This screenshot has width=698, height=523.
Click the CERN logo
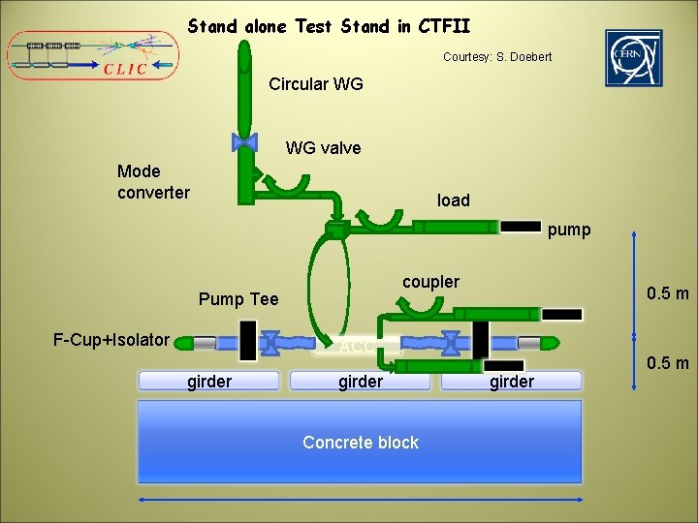(634, 57)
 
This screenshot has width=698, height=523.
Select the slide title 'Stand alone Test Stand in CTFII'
(330, 26)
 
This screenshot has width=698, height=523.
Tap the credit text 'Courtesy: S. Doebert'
(497, 57)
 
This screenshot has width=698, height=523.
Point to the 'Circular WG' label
(316, 84)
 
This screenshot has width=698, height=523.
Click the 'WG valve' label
(323, 148)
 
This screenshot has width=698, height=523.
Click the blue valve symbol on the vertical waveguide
(245, 142)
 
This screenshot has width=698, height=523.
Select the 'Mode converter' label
(153, 182)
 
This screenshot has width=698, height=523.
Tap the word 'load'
(453, 200)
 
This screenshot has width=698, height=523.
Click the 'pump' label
(569, 231)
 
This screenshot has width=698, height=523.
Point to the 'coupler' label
(430, 282)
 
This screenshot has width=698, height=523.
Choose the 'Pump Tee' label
(238, 299)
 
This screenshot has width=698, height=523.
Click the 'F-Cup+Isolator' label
(111, 340)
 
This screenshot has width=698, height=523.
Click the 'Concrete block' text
(361, 443)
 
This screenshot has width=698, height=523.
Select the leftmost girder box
(209, 381)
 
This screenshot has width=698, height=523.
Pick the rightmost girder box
(511, 381)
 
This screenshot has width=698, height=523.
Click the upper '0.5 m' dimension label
(668, 293)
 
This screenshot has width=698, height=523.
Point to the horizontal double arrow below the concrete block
(361, 500)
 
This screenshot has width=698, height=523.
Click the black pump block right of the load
(521, 227)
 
